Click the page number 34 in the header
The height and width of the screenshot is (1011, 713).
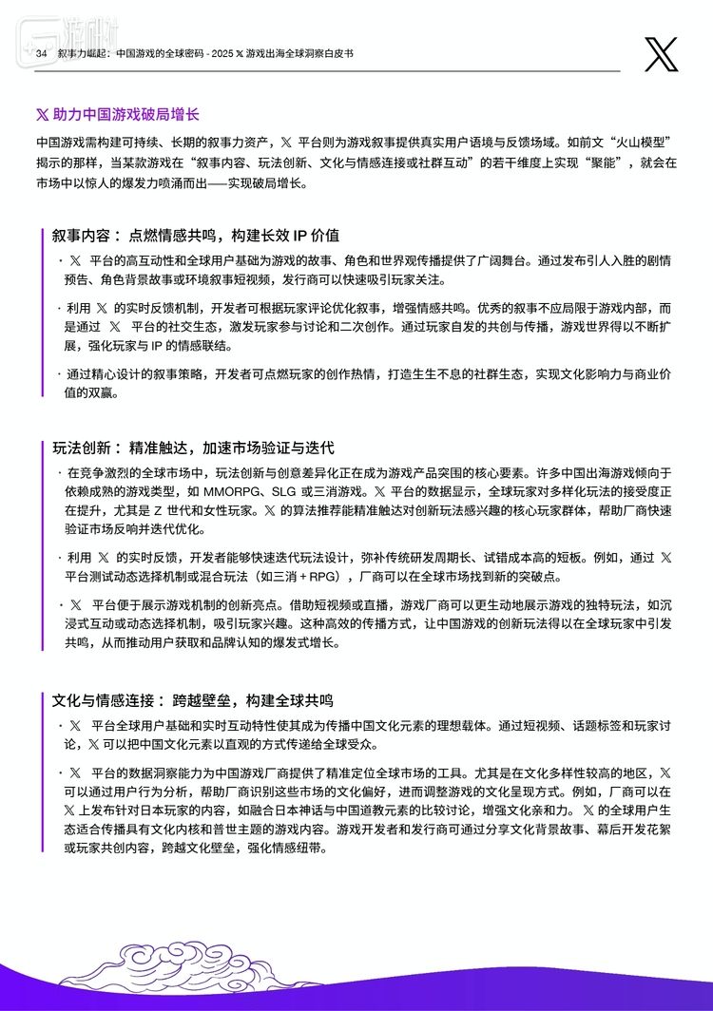41,55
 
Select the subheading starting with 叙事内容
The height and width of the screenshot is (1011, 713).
196,235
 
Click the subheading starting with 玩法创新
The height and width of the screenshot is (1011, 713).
193,447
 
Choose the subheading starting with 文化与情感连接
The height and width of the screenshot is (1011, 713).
193,701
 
